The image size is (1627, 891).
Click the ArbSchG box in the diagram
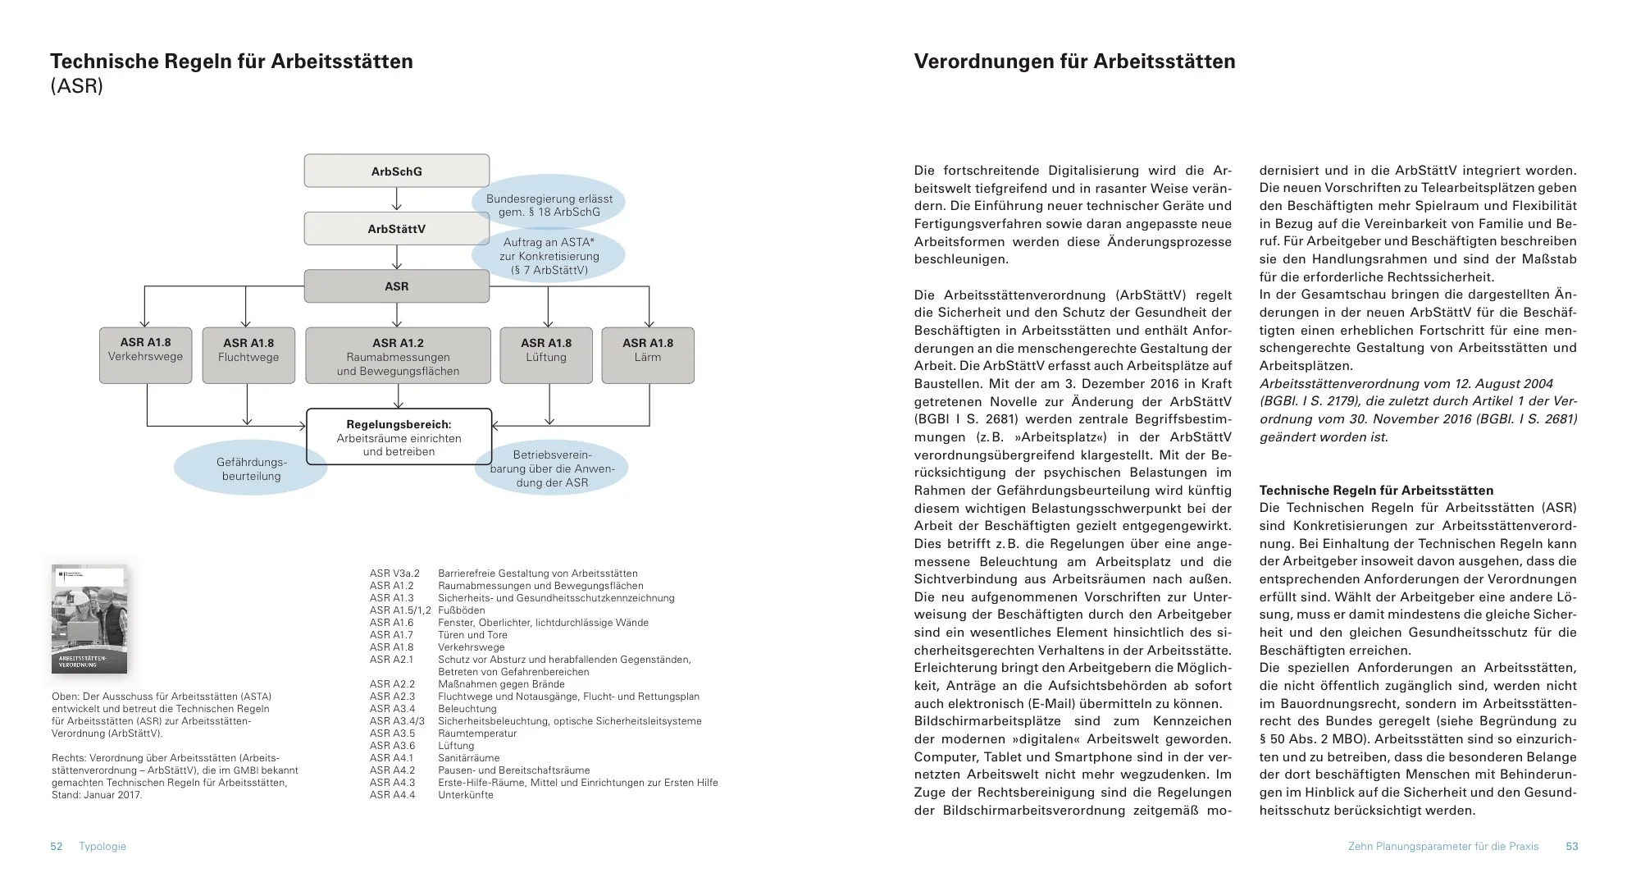(x=397, y=171)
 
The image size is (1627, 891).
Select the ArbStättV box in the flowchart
(x=397, y=229)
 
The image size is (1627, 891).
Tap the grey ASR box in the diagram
(x=397, y=286)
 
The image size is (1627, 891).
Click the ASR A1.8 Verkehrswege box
(x=146, y=355)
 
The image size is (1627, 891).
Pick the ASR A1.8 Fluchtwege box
(x=248, y=355)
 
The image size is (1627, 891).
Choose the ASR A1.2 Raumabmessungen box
(x=398, y=355)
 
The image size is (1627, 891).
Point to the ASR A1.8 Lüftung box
(x=546, y=355)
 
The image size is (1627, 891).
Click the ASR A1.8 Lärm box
(x=648, y=355)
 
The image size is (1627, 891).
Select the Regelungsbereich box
(x=399, y=437)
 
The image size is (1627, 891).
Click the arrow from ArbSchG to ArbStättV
(x=397, y=199)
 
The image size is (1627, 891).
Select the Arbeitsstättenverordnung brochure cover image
(x=89, y=619)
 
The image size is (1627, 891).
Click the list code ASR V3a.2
(x=394, y=573)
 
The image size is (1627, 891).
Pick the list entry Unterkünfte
(x=466, y=795)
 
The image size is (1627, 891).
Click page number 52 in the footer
(x=57, y=846)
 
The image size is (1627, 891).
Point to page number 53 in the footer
(x=1571, y=846)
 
